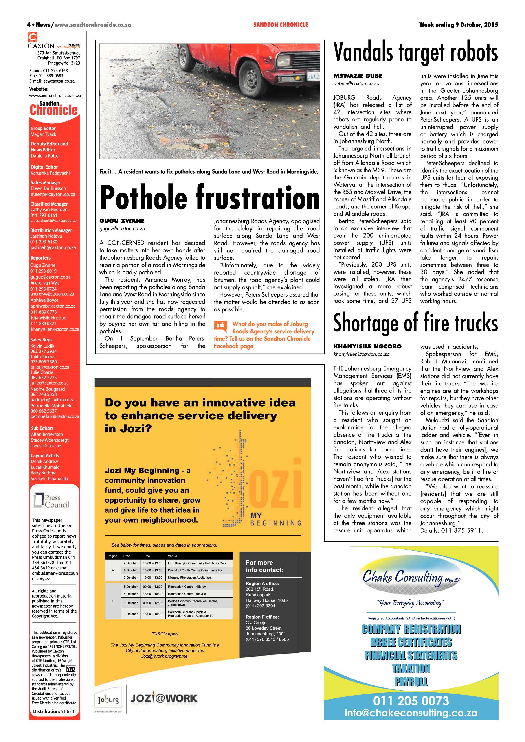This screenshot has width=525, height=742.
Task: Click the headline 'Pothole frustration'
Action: point(209,198)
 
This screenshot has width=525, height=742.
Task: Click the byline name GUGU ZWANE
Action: point(122,221)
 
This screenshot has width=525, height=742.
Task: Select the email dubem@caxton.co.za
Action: point(356,83)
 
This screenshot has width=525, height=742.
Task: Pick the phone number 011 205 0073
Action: point(411,701)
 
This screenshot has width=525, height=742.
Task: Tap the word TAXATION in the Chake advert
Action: point(411,668)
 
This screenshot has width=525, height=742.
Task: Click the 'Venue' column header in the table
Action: point(173,556)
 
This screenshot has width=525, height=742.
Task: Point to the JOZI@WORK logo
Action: point(164,698)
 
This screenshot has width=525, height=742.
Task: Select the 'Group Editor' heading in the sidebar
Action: point(43,128)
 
